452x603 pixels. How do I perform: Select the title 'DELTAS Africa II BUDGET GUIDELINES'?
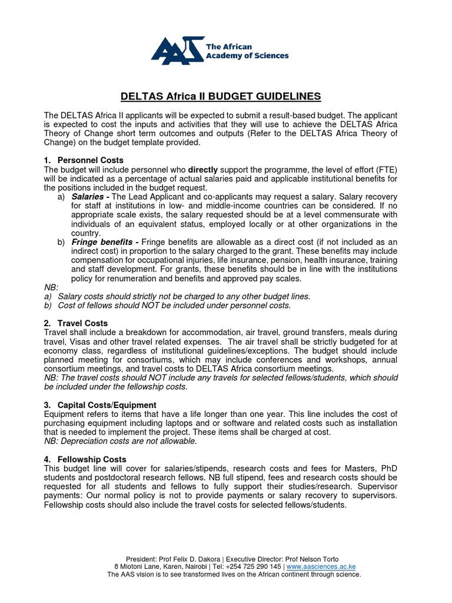click(221, 96)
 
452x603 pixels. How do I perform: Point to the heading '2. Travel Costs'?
click(77, 323)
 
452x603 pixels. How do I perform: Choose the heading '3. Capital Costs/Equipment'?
click(101, 405)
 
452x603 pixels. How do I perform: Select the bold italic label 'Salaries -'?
click(91, 196)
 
